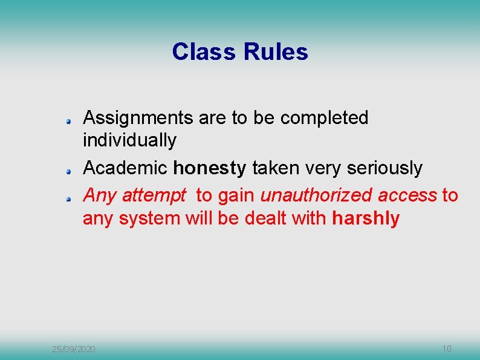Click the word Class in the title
pos(204,52)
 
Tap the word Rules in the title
pos(275,52)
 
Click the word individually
pos(129,140)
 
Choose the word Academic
pos(125,168)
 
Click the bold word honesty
pos(209,168)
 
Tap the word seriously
pos(384,168)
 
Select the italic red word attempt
pos(154,195)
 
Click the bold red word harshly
pos(366,218)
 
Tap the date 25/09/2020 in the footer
pos(73,349)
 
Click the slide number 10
pos(447,349)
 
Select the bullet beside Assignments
pos(70,122)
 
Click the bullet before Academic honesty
pos(70,171)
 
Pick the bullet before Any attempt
pos(70,198)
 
